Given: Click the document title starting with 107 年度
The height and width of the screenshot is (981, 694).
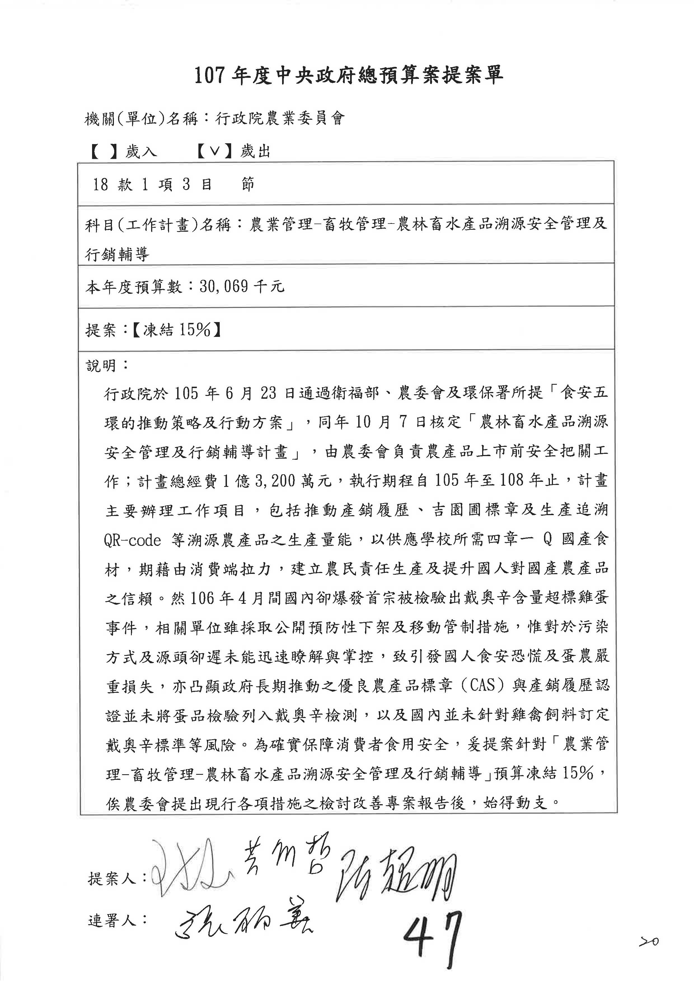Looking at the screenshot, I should pyautogui.click(x=348, y=76).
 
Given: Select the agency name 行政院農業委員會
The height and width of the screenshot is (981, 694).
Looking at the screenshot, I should pyautogui.click(x=280, y=119).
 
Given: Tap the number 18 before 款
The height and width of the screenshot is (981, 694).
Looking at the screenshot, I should pyautogui.click(x=101, y=185).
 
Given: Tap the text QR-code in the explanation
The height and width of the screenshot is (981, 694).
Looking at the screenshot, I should pyautogui.click(x=132, y=541).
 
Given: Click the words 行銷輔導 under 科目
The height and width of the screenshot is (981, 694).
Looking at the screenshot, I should pyautogui.click(x=118, y=255).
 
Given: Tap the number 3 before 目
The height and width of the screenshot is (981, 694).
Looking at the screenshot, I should pyautogui.click(x=186, y=185).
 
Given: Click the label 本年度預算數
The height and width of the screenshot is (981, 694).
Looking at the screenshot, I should pyautogui.click(x=134, y=286).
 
